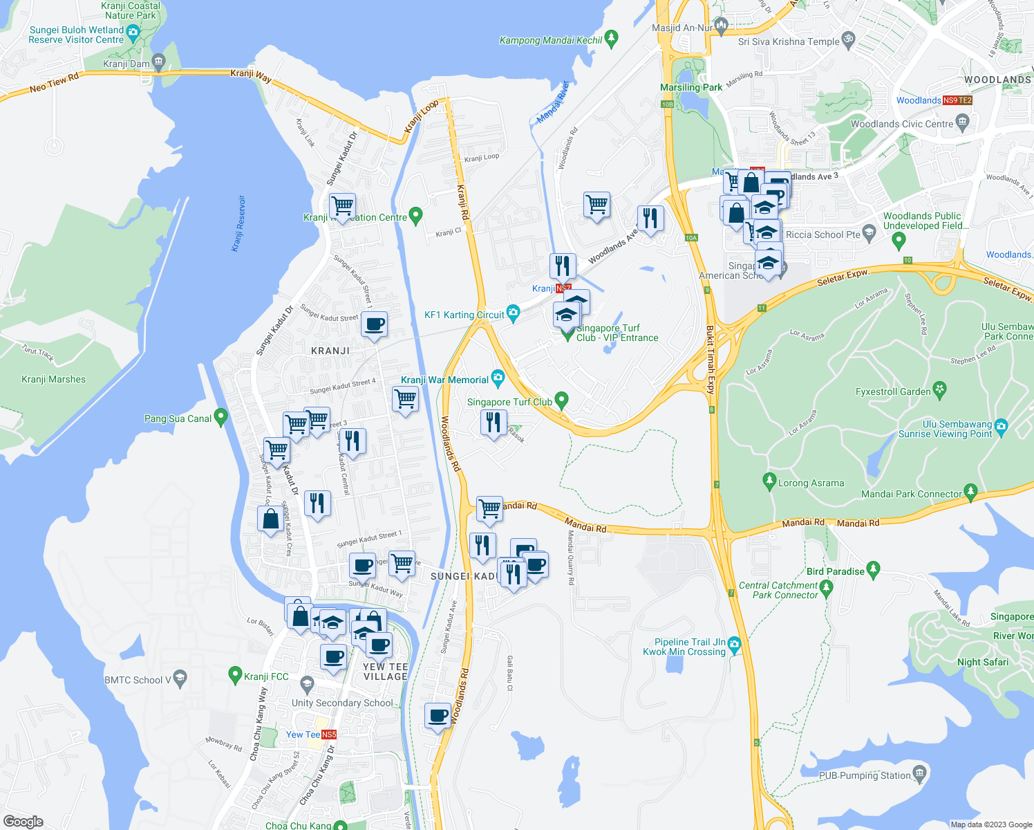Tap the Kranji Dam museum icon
click(159, 63)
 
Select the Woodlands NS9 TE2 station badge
click(957, 100)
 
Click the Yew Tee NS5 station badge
click(329, 735)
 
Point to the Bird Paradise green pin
click(873, 570)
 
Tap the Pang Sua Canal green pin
click(221, 417)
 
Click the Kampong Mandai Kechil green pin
click(611, 39)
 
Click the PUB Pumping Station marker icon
click(919, 773)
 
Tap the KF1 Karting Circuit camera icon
click(513, 313)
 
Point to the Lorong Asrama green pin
click(769, 481)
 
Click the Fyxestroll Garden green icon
click(939, 390)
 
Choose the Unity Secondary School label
click(342, 703)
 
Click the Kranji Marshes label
click(54, 379)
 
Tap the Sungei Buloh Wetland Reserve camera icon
click(133, 33)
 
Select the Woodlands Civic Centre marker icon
click(962, 123)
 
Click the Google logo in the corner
click(23, 821)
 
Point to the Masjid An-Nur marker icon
click(722, 27)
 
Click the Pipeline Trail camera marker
click(734, 645)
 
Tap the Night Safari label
click(982, 662)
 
